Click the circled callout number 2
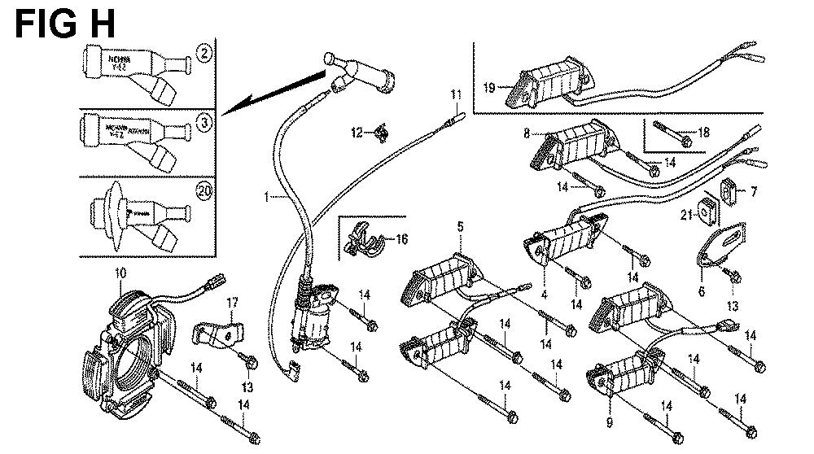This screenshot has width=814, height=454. click(x=206, y=55)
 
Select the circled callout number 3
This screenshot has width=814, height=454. click(x=206, y=124)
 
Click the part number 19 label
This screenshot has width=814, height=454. click(x=488, y=87)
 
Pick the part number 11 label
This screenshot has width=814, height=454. click(x=455, y=96)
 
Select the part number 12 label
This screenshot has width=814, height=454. click(x=357, y=132)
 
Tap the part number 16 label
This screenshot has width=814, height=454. click(x=401, y=238)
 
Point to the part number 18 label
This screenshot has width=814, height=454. click(x=703, y=132)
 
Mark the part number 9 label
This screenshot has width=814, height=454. click(x=610, y=423)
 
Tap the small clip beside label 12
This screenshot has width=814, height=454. click(x=379, y=131)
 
